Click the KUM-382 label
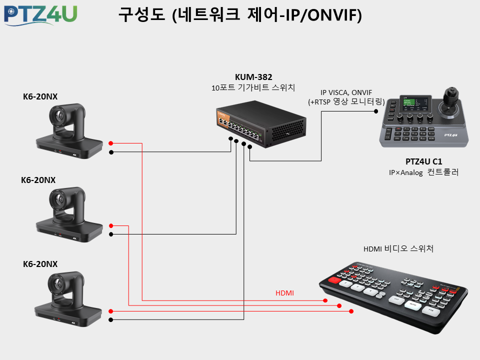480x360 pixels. pos(253,77)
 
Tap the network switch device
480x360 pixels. pos(261,124)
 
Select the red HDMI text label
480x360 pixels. pos(284,293)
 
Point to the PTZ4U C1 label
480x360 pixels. pos(423,161)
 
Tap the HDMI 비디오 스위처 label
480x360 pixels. pos(398,248)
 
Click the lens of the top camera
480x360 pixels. pos(58,115)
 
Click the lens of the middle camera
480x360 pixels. pos(58,199)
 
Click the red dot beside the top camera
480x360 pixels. pos(111,143)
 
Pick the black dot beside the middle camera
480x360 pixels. pos(111,234)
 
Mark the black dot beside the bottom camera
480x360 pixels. pos(111,320)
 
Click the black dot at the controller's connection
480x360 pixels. pos(376,111)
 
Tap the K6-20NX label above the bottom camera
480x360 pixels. pos(40,264)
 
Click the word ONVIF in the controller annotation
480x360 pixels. pos(361,92)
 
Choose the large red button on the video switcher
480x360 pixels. pos(334,279)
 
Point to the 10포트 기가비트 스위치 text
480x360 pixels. pos(253,87)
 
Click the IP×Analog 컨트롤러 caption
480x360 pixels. pos(423,172)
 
